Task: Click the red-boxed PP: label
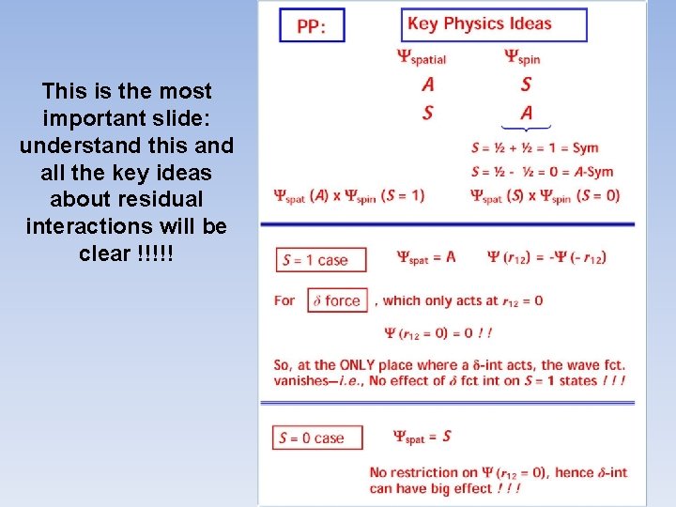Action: pyautogui.click(x=312, y=25)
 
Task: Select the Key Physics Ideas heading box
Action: pyautogui.click(x=494, y=24)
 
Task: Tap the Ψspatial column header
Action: pyautogui.click(x=422, y=57)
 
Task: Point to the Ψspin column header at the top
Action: pyautogui.click(x=523, y=57)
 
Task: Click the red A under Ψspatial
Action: pyautogui.click(x=428, y=84)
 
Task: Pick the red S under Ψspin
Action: pyautogui.click(x=526, y=84)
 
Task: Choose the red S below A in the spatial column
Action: pyautogui.click(x=428, y=113)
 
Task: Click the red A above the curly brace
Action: pyautogui.click(x=527, y=113)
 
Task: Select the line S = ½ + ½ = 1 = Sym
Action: pyautogui.click(x=534, y=148)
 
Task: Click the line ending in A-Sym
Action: pyautogui.click(x=541, y=171)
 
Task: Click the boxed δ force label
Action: pyautogui.click(x=337, y=301)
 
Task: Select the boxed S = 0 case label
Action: pyautogui.click(x=312, y=438)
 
